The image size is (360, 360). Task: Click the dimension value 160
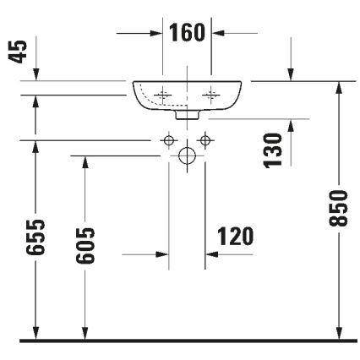[x=187, y=33]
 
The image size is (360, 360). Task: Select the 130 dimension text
[x=270, y=150]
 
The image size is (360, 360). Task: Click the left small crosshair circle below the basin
[x=168, y=139]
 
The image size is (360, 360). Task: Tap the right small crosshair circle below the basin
[x=204, y=139]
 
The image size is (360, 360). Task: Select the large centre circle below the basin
[x=187, y=155]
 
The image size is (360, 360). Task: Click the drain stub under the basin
[x=189, y=112]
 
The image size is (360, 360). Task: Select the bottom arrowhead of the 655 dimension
[x=35, y=335]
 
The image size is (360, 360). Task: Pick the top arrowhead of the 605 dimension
[x=84, y=161]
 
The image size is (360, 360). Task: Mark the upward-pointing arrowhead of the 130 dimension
[x=291, y=125]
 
